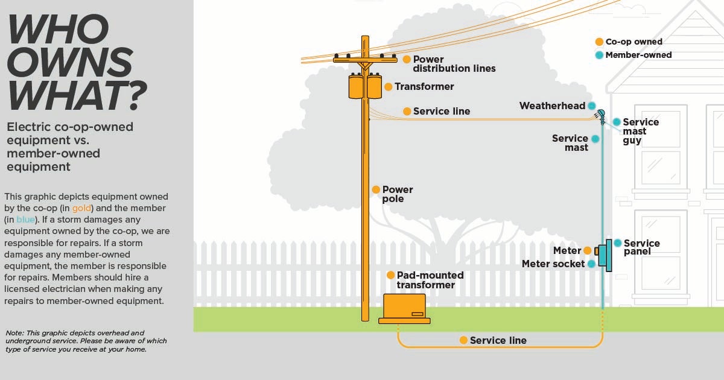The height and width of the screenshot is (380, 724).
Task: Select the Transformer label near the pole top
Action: (x=424, y=87)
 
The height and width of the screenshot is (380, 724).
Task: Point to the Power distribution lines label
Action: (x=454, y=64)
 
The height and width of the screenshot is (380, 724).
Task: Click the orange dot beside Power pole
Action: (x=375, y=189)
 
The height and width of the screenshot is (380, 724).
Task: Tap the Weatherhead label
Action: (x=552, y=106)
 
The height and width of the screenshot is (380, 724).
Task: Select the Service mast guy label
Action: (x=641, y=131)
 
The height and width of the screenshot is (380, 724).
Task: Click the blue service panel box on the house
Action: (x=609, y=255)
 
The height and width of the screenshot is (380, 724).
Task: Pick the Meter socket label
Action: (x=553, y=264)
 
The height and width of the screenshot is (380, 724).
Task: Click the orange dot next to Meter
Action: (x=587, y=250)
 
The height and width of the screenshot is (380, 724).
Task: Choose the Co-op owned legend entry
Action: (x=634, y=42)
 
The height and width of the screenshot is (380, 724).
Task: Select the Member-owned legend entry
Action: (x=638, y=55)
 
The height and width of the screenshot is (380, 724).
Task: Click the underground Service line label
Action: (x=498, y=341)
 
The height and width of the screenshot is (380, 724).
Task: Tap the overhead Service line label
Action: (x=441, y=112)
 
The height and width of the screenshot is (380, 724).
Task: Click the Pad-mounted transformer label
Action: (x=430, y=280)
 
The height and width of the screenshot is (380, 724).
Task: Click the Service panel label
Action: (x=641, y=247)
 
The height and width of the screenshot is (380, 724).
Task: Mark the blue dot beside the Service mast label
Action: (x=595, y=139)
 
